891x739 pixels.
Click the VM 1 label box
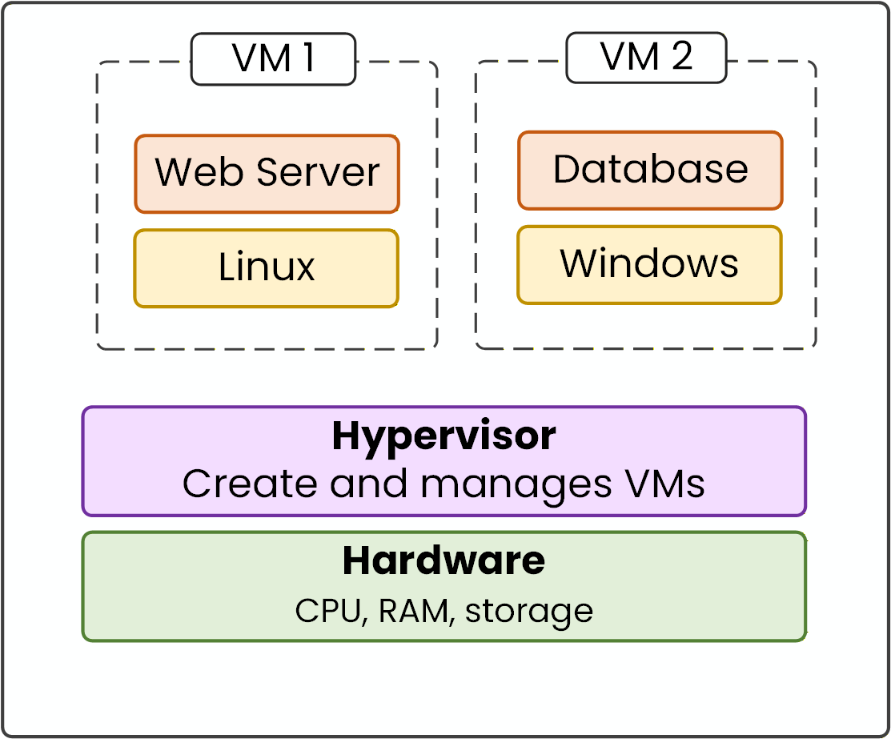[273, 59]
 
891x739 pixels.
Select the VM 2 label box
[646, 58]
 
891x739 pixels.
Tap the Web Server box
[267, 174]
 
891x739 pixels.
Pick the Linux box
[267, 267]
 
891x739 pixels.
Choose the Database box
[650, 170]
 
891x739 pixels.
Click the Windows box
[649, 264]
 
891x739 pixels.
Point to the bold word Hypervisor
[443, 437]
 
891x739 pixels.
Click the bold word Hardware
[443, 560]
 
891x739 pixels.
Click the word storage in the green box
[529, 612]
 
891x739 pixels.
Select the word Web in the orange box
[187, 172]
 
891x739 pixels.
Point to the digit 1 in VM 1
[306, 58]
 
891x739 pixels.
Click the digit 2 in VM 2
[681, 58]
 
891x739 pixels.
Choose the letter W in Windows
[580, 263]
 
